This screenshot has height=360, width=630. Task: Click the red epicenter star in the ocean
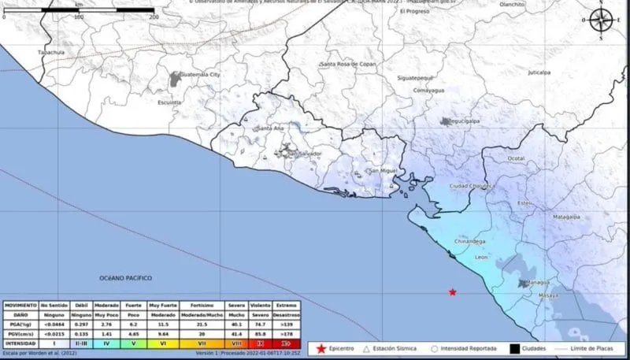453,292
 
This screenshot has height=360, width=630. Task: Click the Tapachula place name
50,52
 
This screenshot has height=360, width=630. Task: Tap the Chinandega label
471,242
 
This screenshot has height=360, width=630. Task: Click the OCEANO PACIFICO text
125,278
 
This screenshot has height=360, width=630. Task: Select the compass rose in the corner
602,20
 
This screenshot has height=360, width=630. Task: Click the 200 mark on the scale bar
153,17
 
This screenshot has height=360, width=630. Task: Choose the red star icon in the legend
321,347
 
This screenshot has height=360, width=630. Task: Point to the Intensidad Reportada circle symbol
435,347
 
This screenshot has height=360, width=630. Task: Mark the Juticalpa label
539,72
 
